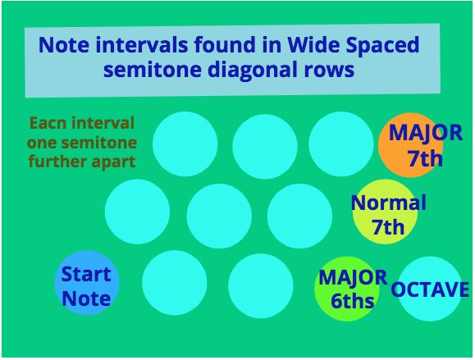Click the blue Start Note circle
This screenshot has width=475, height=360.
point(87,283)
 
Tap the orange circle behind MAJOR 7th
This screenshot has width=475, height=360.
point(410,145)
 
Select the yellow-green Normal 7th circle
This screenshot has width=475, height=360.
point(385,212)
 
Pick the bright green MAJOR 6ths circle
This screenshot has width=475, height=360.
point(347,289)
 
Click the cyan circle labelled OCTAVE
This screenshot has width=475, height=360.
point(430,289)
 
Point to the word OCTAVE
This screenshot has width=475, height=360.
point(430,289)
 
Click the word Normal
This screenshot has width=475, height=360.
point(389,203)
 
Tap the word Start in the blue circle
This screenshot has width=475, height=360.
point(86,274)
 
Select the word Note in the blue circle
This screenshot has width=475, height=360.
point(86,298)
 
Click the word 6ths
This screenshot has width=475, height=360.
point(352,301)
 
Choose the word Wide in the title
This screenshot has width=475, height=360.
point(314,45)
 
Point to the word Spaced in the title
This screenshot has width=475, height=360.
point(383,45)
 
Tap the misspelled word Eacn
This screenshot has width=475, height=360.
point(49,123)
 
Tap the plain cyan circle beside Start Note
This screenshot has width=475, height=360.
point(175,283)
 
